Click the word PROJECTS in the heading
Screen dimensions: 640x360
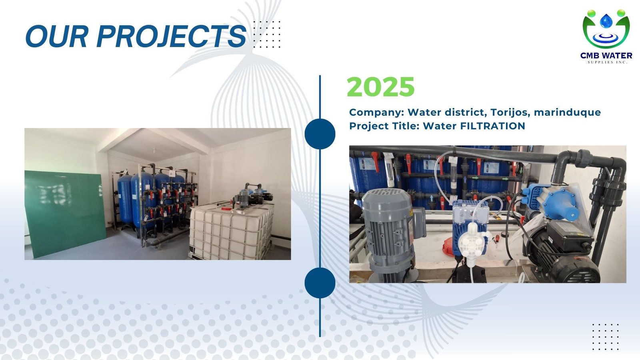tap(172, 36)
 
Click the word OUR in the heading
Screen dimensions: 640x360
tap(56, 36)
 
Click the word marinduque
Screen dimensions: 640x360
tap(567, 112)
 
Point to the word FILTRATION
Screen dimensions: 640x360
tap(492, 126)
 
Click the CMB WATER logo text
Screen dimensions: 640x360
tap(606, 56)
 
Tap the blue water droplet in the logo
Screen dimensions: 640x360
tap(606, 21)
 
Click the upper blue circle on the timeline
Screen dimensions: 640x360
tap(320, 134)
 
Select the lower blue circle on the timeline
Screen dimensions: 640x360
tap(320, 282)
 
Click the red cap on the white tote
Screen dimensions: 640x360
tap(226, 209)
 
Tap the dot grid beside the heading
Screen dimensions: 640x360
tap(267, 34)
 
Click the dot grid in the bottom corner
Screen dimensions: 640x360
tap(606, 337)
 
